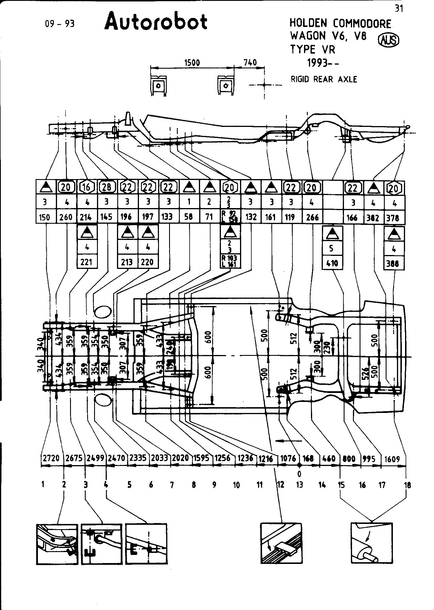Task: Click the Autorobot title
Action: pos(156,22)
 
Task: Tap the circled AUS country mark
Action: pos(388,40)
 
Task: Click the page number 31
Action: pos(399,9)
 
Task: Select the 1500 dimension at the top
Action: pos(192,63)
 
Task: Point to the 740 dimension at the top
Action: pos(250,63)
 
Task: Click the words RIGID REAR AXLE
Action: pos(324,79)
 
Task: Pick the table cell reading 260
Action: pos(66,217)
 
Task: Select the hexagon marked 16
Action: pos(86,187)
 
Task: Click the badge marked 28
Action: pos(107,187)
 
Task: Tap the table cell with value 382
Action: pos(373,218)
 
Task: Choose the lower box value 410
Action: pos(332,263)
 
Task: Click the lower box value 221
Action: pos(86,262)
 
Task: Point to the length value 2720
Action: pos(51,458)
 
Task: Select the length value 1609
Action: pos(392,459)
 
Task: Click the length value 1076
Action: pos(288,458)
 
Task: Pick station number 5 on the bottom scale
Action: pos(129,485)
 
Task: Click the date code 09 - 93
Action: pos(60,23)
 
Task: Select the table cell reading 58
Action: pos(188,217)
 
